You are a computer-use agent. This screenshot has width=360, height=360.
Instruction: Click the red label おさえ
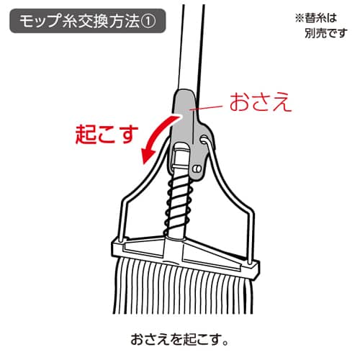pyautogui.click(x=261, y=102)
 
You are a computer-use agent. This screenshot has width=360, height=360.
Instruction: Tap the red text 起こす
pyautogui.click(x=107, y=135)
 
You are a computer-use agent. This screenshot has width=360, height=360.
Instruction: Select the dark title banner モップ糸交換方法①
pyautogui.click(x=88, y=21)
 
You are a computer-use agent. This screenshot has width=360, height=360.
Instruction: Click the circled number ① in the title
pyautogui.click(x=148, y=21)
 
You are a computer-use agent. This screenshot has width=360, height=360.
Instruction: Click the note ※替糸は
pyautogui.click(x=316, y=18)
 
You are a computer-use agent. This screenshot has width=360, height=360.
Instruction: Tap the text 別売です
pyautogui.click(x=326, y=33)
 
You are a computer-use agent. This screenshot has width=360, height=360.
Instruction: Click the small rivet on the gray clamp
pyautogui.click(x=197, y=169)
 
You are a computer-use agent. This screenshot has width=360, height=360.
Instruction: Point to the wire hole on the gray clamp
pyautogui.click(x=204, y=140)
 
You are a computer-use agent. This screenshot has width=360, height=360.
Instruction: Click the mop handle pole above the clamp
pyautogui.click(x=191, y=48)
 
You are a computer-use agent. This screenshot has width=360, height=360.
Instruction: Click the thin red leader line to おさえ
pyautogui.click(x=206, y=108)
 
